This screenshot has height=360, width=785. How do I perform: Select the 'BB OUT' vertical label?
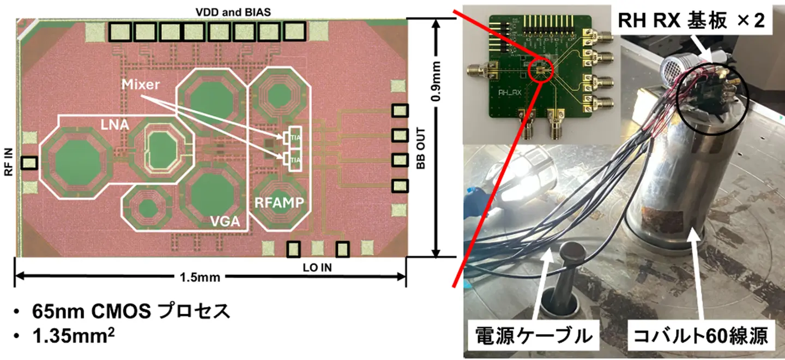(420, 155)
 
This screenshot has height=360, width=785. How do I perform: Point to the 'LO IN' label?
(317, 267)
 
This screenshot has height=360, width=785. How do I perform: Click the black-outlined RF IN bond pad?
(29, 163)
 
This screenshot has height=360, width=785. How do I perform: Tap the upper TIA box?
(294, 137)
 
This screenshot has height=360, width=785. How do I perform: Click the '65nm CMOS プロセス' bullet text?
(131, 312)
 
